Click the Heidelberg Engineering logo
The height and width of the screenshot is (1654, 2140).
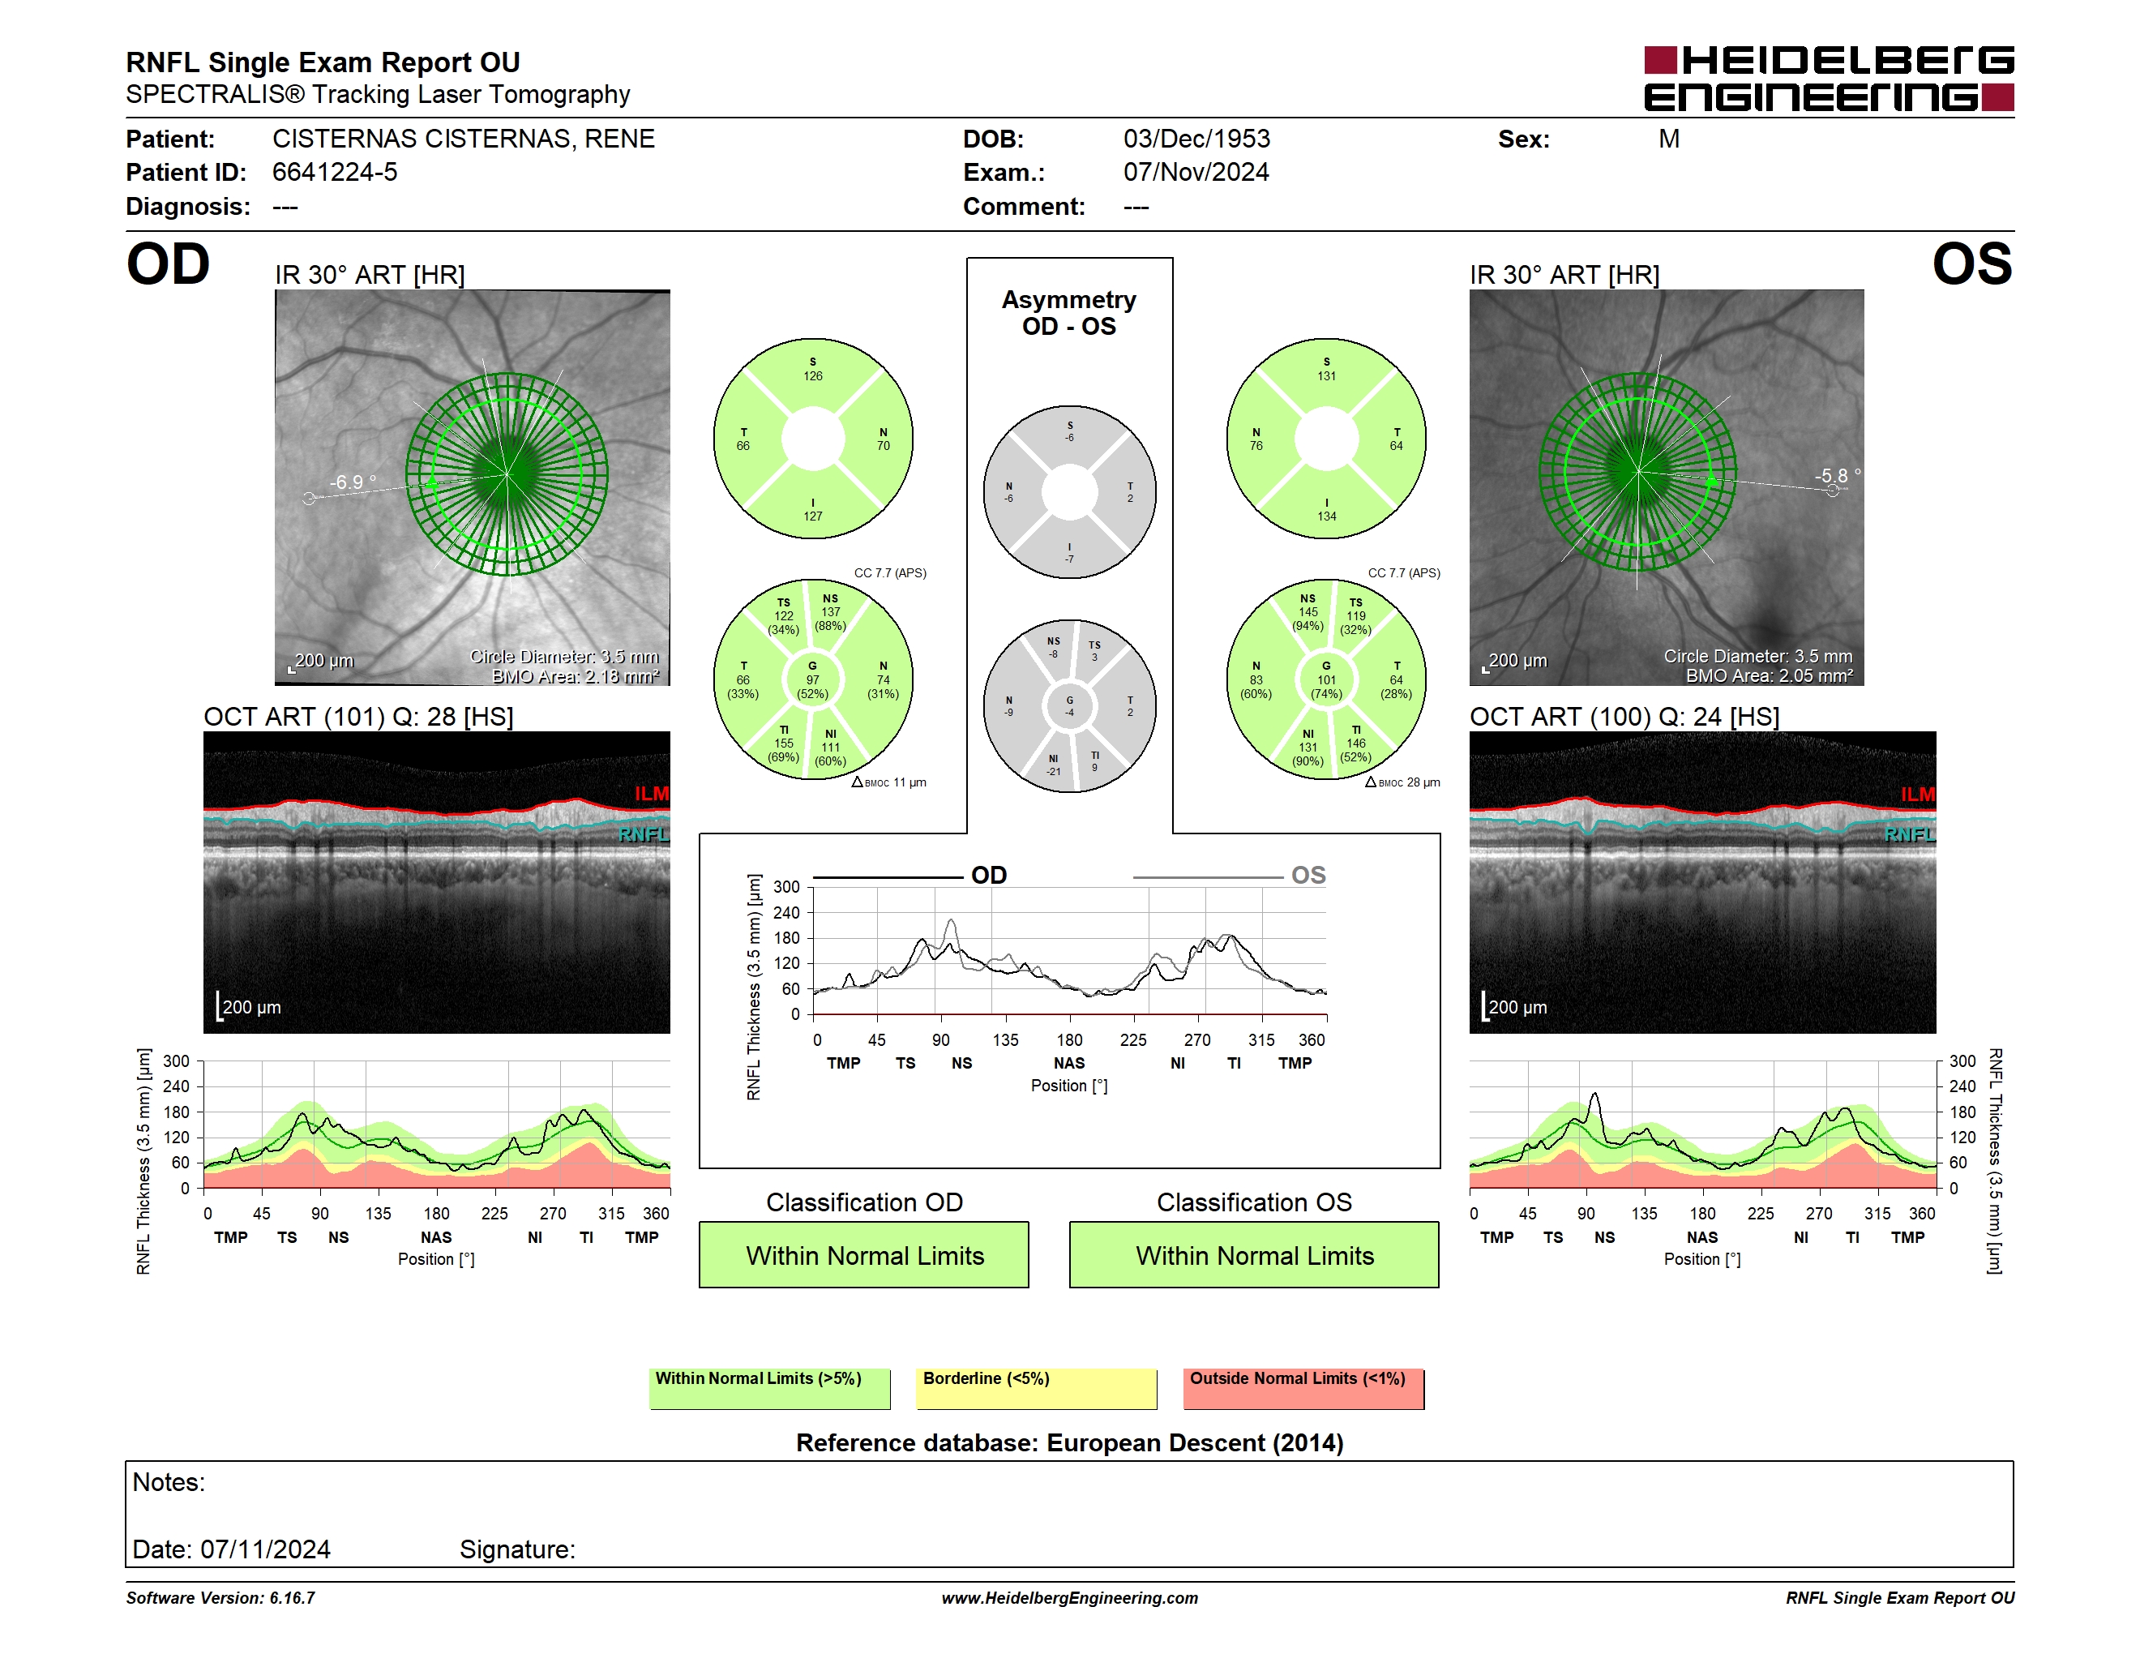[1829, 79]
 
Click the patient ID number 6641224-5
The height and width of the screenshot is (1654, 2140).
[335, 173]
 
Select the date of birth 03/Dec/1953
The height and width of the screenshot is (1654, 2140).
[1196, 139]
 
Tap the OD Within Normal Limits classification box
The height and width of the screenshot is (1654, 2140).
[864, 1254]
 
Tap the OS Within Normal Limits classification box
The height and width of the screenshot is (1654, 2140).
[1254, 1254]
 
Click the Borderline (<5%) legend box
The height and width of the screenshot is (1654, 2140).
[1037, 1388]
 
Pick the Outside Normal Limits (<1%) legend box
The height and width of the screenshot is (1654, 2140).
[1303, 1388]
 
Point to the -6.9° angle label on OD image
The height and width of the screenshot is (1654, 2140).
[353, 482]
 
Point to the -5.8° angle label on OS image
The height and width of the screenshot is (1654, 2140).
[1837, 475]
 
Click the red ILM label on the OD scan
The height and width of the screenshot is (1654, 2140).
[652, 794]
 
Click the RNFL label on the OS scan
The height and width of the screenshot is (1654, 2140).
[1910, 833]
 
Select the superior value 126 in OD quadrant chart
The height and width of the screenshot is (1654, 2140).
[813, 376]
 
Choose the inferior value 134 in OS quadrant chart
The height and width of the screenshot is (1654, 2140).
[1327, 516]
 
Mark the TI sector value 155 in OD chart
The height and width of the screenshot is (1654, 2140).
[784, 743]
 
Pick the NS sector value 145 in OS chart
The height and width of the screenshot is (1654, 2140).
[1308, 612]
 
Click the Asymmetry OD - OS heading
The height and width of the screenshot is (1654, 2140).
[1069, 313]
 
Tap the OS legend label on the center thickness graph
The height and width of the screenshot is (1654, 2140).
[1308, 875]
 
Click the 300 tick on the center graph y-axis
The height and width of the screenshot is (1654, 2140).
[787, 887]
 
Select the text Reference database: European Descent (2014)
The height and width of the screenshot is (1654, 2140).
[1070, 1442]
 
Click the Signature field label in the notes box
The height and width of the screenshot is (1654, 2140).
[517, 1549]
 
